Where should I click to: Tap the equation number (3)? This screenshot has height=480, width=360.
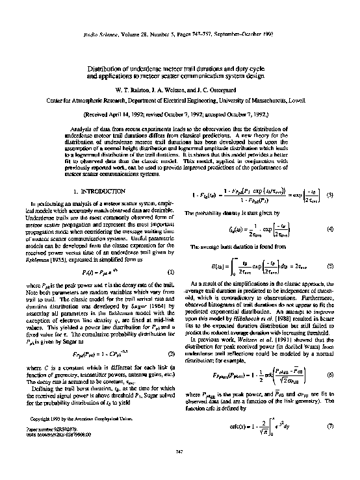point(331,195)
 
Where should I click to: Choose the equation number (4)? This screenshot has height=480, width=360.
point(331,230)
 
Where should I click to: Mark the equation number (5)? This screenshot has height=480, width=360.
point(331,266)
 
